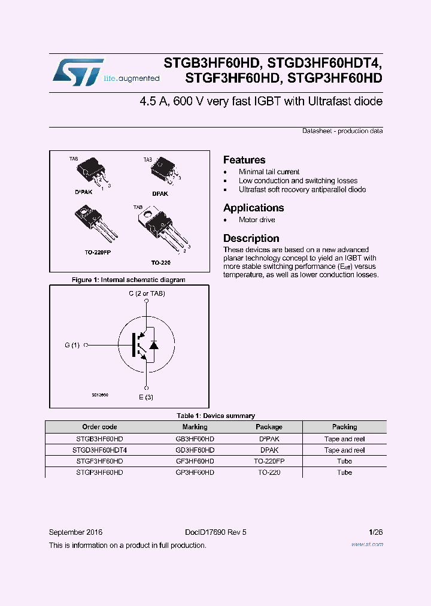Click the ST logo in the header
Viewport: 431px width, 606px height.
coord(78,72)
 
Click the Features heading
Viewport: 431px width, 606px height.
coord(244,160)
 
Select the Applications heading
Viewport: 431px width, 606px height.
coord(253,208)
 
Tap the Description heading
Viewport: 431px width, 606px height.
coord(251,238)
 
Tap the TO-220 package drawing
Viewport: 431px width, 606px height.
coord(162,231)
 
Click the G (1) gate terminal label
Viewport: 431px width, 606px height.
coord(72,345)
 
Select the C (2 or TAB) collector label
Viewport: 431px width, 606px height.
coord(147,293)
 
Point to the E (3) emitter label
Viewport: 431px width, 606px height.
coord(147,397)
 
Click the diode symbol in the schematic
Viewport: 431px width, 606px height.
coord(153,345)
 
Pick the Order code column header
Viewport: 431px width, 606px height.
coord(99,427)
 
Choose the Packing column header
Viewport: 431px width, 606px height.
coord(344,427)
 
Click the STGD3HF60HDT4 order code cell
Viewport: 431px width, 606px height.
coord(99,450)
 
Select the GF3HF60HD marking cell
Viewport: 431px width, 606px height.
coord(195,461)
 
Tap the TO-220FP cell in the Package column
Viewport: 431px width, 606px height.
coord(269,461)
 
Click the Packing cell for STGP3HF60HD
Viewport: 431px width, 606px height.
coord(344,472)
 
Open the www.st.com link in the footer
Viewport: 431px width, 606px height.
coord(367,544)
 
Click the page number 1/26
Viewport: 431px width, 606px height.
coord(376,532)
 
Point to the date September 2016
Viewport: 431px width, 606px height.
coord(75,532)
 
